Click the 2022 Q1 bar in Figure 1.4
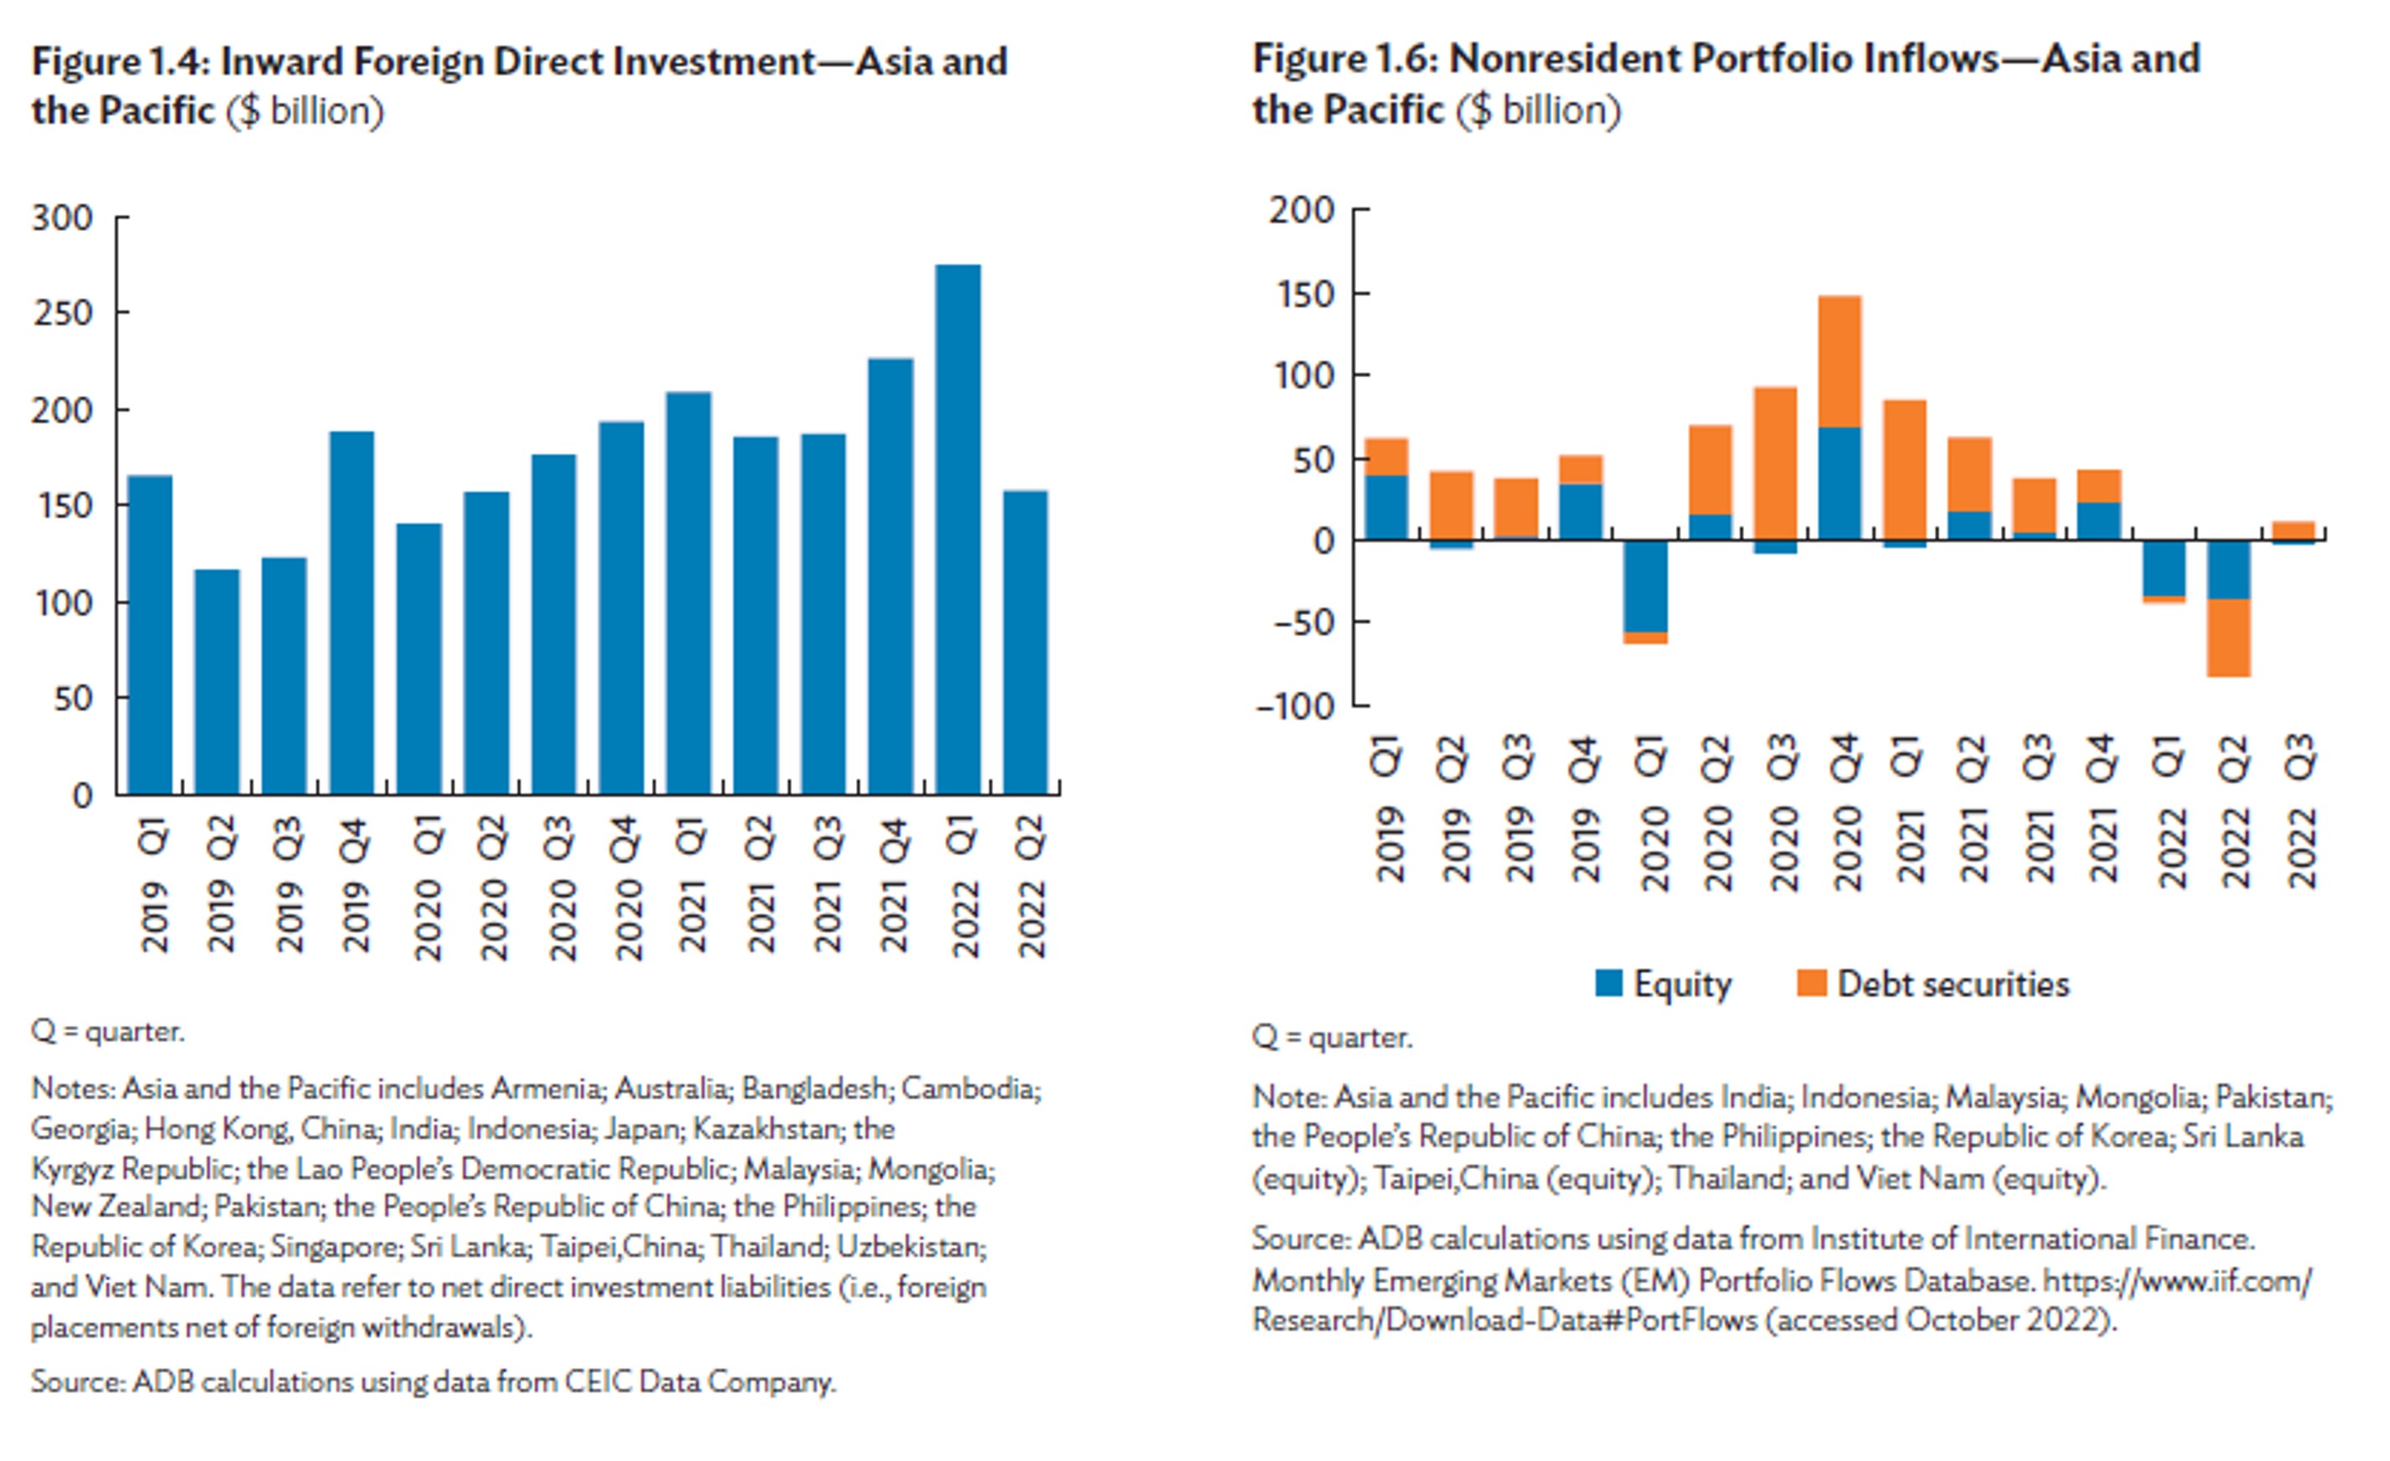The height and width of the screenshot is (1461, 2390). coord(957,530)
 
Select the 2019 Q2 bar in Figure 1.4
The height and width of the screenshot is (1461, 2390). coord(218,682)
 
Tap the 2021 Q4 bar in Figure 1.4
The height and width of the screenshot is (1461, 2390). coord(890,577)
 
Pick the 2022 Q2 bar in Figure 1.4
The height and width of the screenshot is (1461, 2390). coord(1025,643)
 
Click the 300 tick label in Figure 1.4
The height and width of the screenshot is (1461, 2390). coord(63,218)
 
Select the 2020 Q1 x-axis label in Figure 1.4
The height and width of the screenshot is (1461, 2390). coord(428,888)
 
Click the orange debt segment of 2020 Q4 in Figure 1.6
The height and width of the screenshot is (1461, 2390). coord(1839,361)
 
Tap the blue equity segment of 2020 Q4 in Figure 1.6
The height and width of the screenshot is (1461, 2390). coord(1839,483)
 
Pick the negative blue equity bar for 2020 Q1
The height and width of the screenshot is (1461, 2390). coord(1645,586)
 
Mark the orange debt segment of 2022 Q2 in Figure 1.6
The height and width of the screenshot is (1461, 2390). coord(2228,638)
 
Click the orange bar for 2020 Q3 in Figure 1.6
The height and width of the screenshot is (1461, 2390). coord(1774,464)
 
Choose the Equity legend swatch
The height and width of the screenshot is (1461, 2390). coord(1608,984)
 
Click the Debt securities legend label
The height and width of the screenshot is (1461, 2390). coord(1953,984)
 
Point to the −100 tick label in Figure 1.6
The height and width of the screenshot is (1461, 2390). coord(1295,706)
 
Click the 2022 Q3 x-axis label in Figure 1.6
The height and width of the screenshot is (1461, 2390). coord(2300,811)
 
